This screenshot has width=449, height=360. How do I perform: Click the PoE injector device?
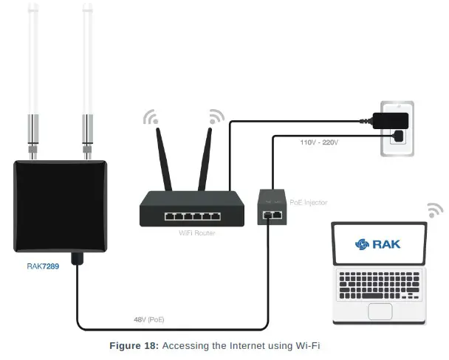point(272,207)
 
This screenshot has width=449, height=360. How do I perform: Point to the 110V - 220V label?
point(318,142)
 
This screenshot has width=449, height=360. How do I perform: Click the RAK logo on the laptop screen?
point(378,243)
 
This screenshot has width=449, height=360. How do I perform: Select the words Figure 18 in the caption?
point(134,345)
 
